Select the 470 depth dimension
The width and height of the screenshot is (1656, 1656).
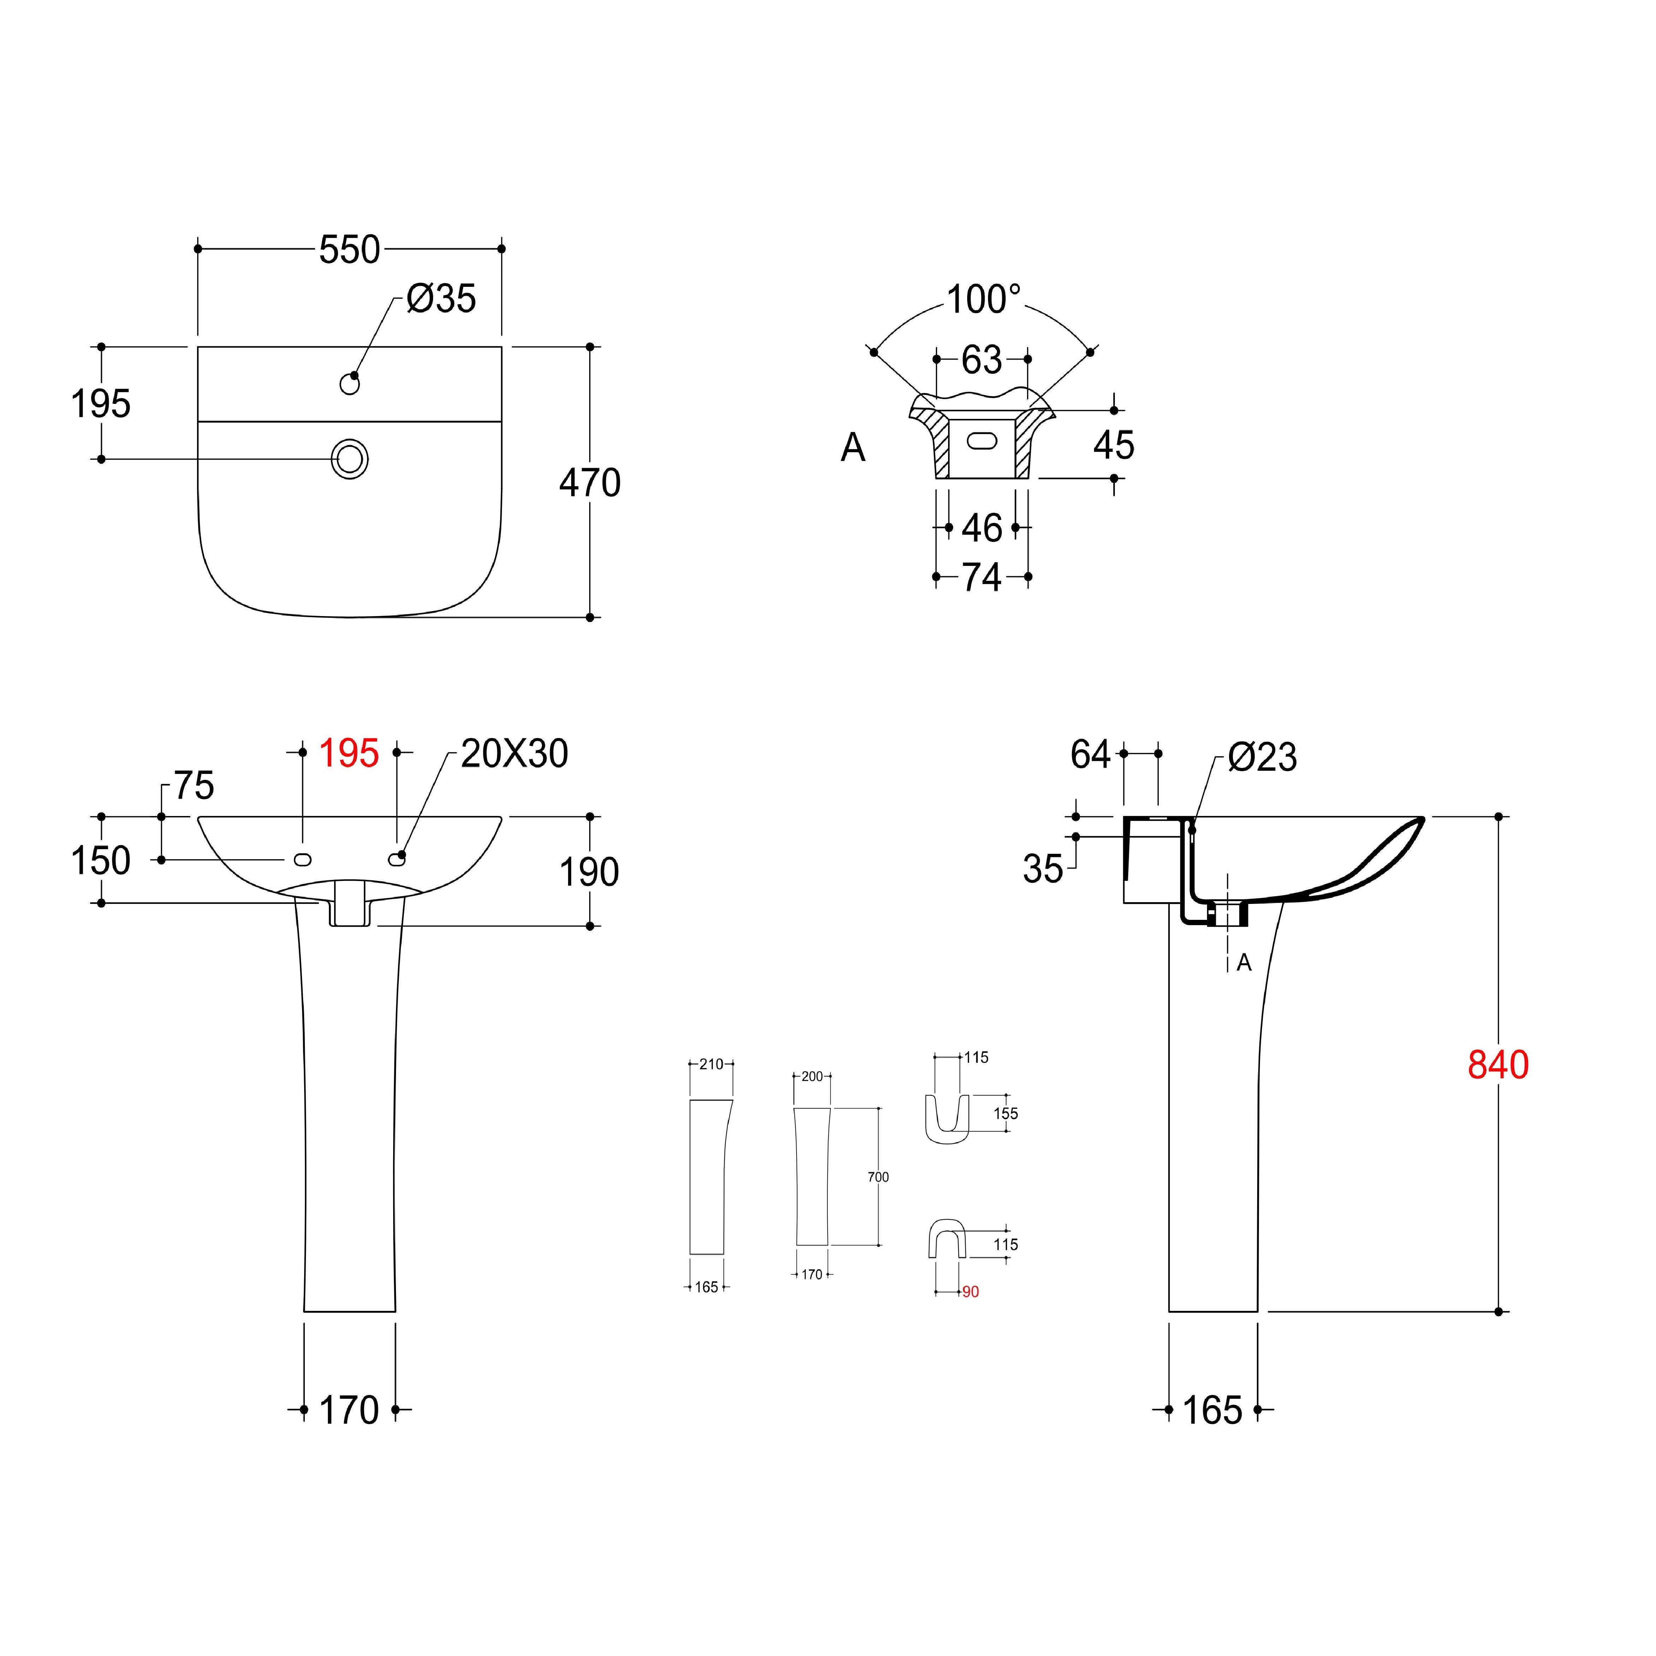(x=590, y=484)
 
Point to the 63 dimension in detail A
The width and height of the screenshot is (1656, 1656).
(x=981, y=360)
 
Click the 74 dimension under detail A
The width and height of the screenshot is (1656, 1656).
(x=981, y=578)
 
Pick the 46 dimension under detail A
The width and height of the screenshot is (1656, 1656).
(x=981, y=528)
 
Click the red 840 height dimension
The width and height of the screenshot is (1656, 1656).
(x=1498, y=1065)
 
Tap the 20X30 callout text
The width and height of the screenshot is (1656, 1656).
(x=514, y=754)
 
